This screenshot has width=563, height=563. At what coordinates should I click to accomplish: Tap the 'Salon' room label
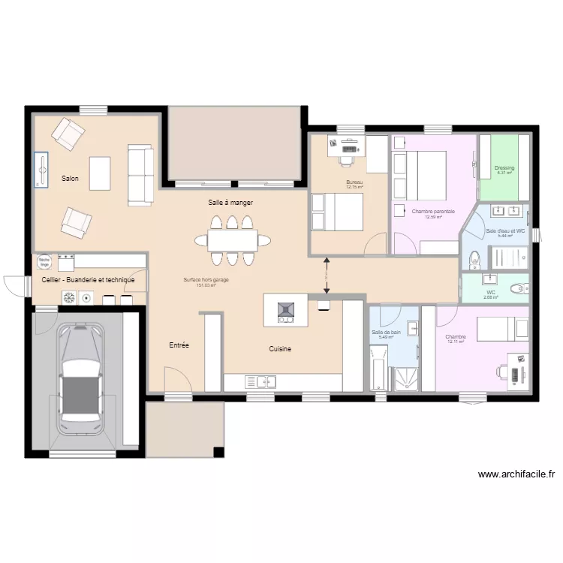[x=71, y=179]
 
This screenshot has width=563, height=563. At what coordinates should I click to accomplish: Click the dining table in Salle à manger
[x=232, y=240]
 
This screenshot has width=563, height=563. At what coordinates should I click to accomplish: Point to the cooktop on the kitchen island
[x=286, y=309]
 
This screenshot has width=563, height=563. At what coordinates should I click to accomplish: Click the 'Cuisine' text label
[x=280, y=349]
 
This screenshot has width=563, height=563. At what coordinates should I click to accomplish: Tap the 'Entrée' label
[x=179, y=345]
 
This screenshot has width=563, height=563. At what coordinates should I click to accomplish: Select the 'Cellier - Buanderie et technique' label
[x=87, y=280]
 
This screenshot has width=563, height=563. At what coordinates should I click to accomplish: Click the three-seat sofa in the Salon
[x=140, y=175]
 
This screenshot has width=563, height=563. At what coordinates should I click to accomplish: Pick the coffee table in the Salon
[x=100, y=173]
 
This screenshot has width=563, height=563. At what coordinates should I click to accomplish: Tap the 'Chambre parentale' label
[x=433, y=212]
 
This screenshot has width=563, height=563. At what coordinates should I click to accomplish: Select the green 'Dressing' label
[x=504, y=168]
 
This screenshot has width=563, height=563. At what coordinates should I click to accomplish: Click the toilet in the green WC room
[x=519, y=288]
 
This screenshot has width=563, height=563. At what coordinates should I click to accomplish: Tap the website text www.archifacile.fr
[x=516, y=474]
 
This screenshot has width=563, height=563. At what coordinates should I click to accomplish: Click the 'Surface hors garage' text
[x=206, y=280]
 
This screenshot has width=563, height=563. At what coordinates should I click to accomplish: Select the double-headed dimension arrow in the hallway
[x=327, y=275]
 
